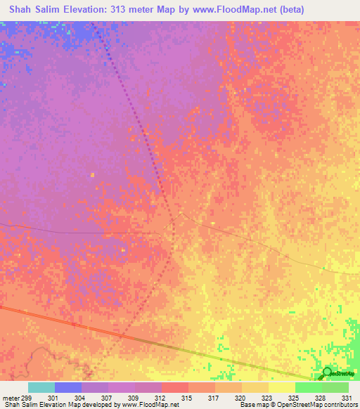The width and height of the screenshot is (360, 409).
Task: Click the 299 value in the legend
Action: pos(27,398)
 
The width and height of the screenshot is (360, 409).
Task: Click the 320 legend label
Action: pos(240,398)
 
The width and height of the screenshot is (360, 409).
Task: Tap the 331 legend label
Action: pos(345,398)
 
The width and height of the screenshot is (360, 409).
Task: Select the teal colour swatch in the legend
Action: pos(41,387)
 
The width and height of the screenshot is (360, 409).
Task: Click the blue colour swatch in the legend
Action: pos(68,387)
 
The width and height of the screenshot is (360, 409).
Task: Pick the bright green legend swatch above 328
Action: pos(308,387)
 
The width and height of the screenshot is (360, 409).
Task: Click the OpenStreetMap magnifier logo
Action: pos(327,373)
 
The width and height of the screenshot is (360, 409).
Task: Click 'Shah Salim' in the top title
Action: pos(32,9)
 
